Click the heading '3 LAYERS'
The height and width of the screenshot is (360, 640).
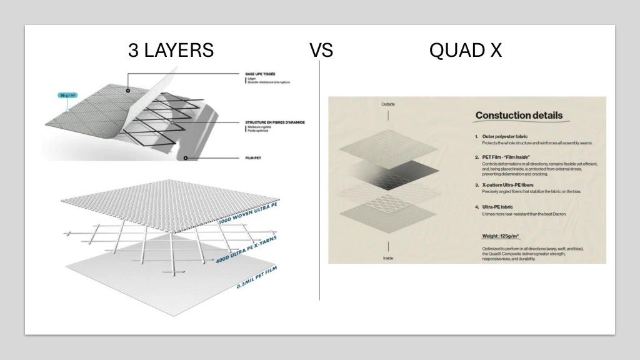pyautogui.click(x=171, y=50)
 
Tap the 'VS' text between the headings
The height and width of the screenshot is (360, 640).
pyautogui.click(x=321, y=50)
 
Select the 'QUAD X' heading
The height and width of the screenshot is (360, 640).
pyautogui.click(x=466, y=50)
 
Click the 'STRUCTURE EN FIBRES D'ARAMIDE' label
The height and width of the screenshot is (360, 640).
pyautogui.click(x=274, y=122)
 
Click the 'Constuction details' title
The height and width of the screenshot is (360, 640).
pyautogui.click(x=519, y=115)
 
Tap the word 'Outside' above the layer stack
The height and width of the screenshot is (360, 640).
pyautogui.click(x=388, y=104)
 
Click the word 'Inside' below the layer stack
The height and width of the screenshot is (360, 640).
pyautogui.click(x=387, y=257)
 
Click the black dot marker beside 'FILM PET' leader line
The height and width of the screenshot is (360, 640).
pyautogui.click(x=186, y=159)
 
